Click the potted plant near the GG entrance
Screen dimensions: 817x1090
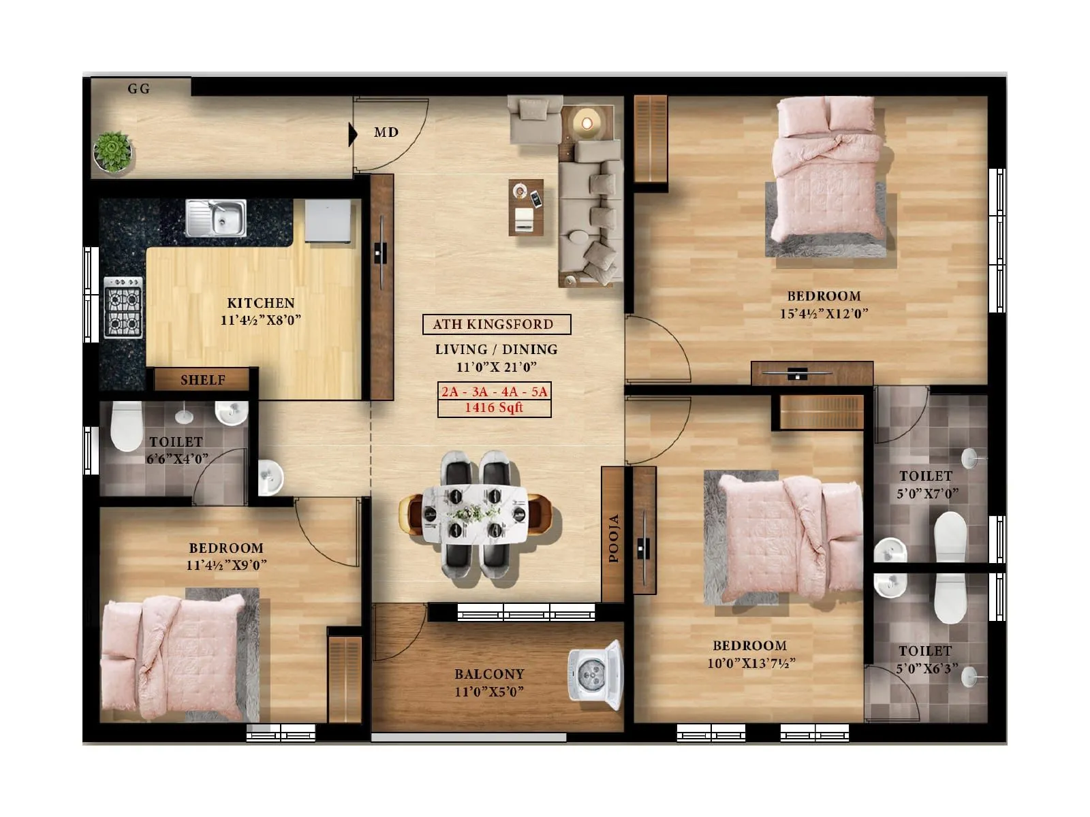(112, 151)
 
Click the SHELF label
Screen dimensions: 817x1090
(202, 380)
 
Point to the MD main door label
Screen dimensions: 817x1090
(386, 133)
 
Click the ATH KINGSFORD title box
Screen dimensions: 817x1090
(496, 325)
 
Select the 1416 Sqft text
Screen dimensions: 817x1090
(494, 408)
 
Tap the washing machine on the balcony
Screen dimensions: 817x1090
(594, 676)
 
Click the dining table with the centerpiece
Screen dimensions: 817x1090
(474, 515)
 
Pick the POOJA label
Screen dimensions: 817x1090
(614, 538)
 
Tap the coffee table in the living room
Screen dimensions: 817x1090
(526, 207)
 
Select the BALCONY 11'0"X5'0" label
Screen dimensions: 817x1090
(489, 683)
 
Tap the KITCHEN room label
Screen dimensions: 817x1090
(261, 303)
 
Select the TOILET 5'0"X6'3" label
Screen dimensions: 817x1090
(924, 660)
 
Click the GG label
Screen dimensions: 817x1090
(139, 89)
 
